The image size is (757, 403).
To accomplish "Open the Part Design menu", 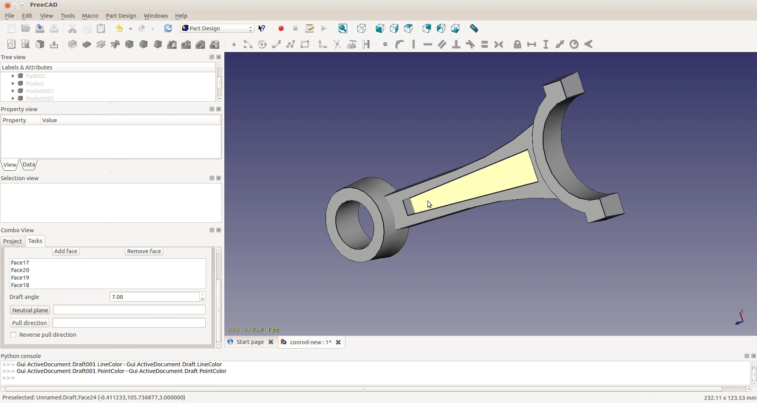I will point(121,16).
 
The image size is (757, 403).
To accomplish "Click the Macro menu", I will point(90,16).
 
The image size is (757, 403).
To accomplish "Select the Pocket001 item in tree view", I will point(40,91).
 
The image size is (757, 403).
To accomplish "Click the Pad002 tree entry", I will point(35,76).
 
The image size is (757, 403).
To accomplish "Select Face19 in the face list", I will point(20,278).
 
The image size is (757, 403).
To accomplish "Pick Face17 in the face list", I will point(20,263).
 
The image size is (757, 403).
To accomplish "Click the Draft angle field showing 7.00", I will point(154,297).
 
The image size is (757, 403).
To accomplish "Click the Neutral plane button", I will point(30,310).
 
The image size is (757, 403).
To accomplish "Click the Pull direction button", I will point(29,323).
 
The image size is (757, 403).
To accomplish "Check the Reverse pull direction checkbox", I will point(14,335).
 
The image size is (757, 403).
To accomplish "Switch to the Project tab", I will point(12,241).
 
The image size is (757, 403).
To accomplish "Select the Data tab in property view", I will point(29,165).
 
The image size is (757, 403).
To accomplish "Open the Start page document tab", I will point(250,342).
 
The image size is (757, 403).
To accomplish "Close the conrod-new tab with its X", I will point(338,342).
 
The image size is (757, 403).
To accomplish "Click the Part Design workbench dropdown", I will point(217,28).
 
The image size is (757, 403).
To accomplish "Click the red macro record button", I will point(281,28).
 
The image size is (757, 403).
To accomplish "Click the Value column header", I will point(49,120).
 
